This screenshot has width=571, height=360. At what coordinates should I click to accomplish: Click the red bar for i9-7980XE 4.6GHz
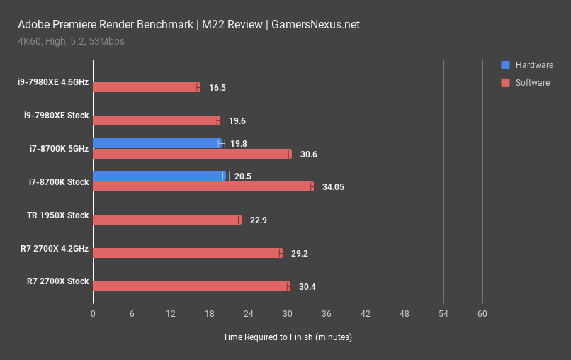[146, 87]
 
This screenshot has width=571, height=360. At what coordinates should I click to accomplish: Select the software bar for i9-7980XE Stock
[156, 120]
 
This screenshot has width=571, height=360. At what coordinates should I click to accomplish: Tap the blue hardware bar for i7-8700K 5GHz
[157, 143]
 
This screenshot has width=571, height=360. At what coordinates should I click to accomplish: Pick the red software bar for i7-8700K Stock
[202, 186]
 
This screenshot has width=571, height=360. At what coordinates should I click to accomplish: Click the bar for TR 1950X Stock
[166, 220]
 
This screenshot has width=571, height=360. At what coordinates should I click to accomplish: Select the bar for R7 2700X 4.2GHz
[187, 253]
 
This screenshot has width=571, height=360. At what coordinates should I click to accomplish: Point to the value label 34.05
[330, 187]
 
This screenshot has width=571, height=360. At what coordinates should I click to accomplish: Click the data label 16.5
[217, 88]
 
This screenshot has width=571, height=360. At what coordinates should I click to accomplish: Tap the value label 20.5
[244, 176]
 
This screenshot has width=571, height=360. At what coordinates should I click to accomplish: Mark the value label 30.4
[307, 287]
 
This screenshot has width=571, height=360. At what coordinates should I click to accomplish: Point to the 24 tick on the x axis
[249, 314]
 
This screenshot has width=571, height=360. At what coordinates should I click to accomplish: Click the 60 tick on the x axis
[482, 314]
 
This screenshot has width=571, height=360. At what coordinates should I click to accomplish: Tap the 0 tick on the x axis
[93, 314]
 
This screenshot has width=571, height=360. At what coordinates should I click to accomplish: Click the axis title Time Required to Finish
[287, 337]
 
